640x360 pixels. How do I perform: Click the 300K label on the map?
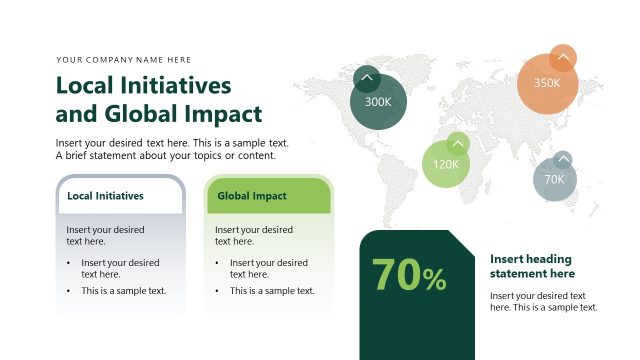pyautogui.click(x=378, y=102)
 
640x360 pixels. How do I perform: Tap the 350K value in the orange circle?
pyautogui.click(x=547, y=83)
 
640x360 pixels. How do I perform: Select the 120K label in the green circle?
pyautogui.click(x=445, y=165)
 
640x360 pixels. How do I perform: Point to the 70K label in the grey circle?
pyautogui.click(x=554, y=180)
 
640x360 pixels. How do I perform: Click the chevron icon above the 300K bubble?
pyautogui.click(x=367, y=78)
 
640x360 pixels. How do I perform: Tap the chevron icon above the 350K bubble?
pyautogui.click(x=563, y=58)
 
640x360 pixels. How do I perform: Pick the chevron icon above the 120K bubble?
pyautogui.click(x=457, y=143)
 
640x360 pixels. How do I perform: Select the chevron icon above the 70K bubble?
pyautogui.click(x=563, y=160)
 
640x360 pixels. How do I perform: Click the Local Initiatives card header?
pyautogui.click(x=105, y=196)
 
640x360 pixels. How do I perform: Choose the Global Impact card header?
pyautogui.click(x=252, y=196)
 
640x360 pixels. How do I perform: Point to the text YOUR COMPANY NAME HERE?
pyautogui.click(x=124, y=60)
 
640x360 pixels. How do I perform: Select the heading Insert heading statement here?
pyautogui.click(x=533, y=266)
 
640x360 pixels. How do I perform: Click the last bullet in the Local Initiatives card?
pyautogui.click(x=123, y=291)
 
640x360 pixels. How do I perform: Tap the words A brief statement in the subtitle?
pyautogui.click(x=100, y=155)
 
